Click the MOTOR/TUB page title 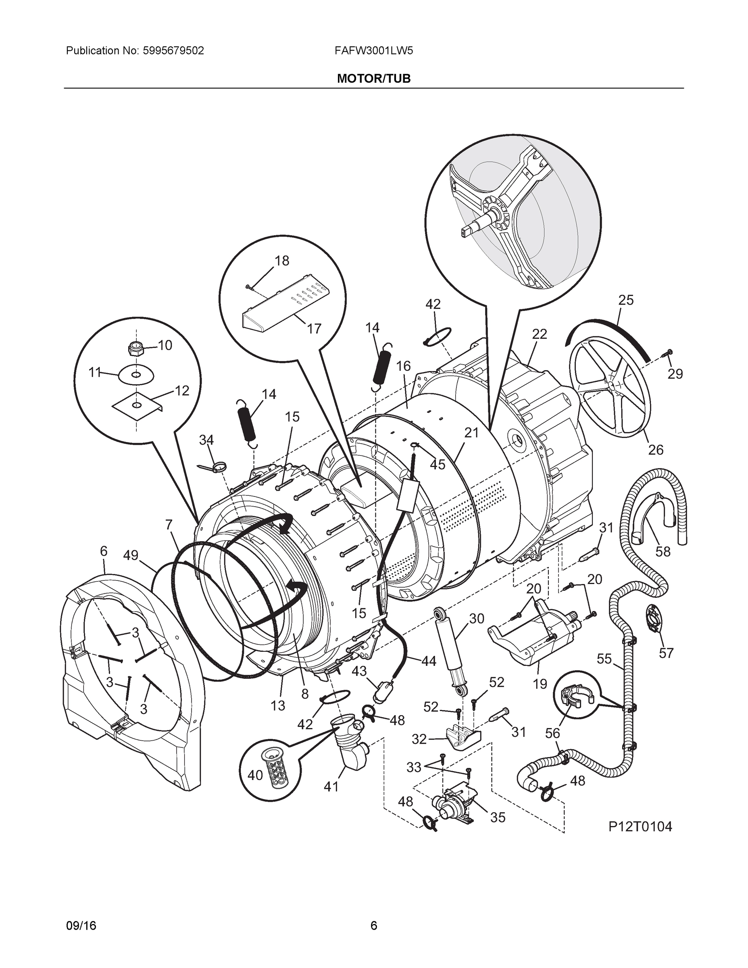(x=373, y=79)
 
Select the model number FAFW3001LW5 (x=373, y=51)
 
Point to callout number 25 (x=626, y=300)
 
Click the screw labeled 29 (x=667, y=353)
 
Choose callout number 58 (x=663, y=552)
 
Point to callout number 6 (x=103, y=551)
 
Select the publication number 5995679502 (x=173, y=51)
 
